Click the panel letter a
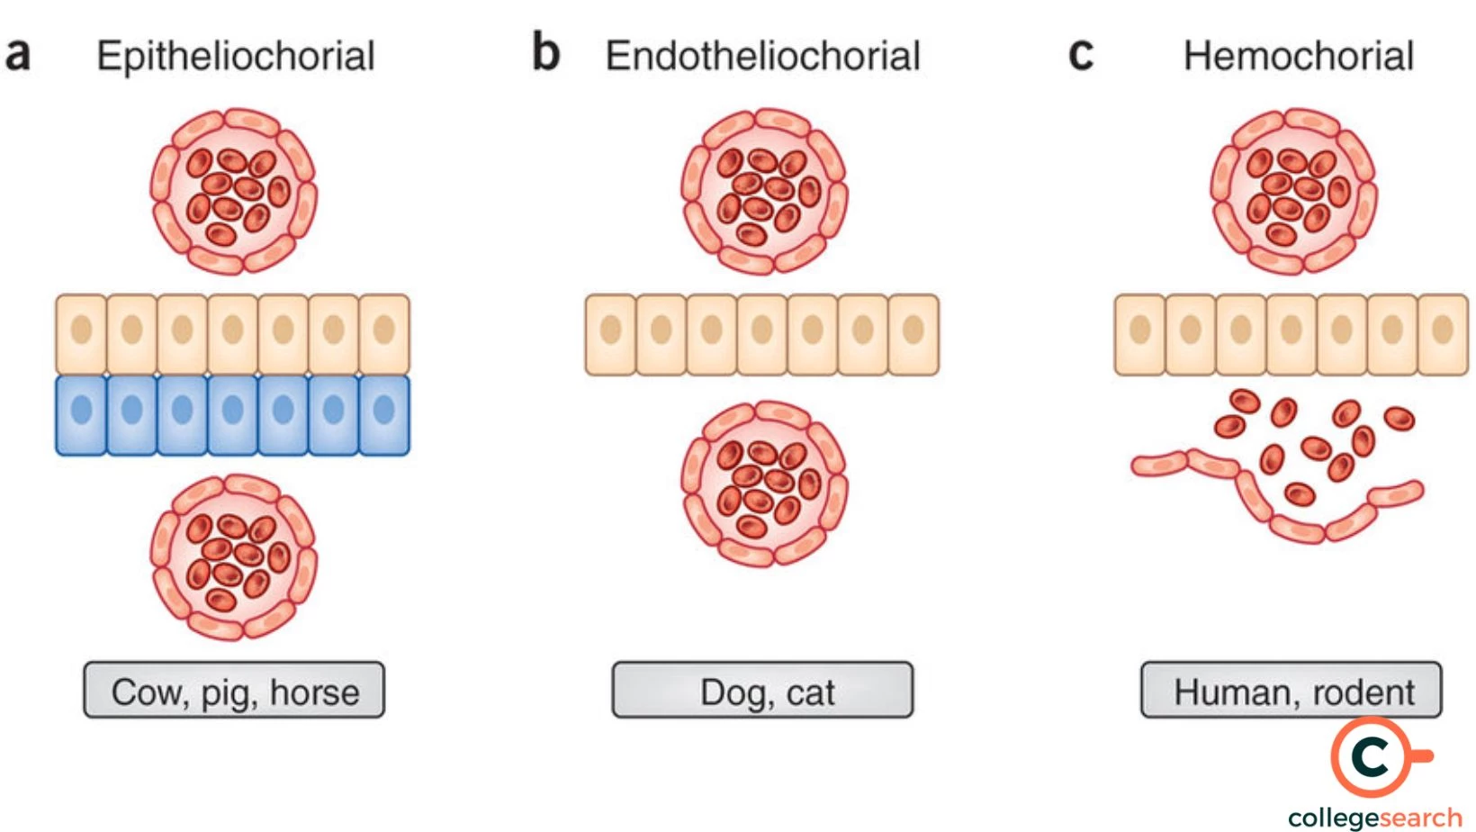pyautogui.click(x=18, y=54)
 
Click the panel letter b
pyautogui.click(x=545, y=52)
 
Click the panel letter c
pyautogui.click(x=1080, y=54)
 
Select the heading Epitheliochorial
pyautogui.click(x=236, y=56)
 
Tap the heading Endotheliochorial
pyautogui.click(x=762, y=56)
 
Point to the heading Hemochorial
pyautogui.click(x=1298, y=56)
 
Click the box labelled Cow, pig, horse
pyautogui.click(x=234, y=691)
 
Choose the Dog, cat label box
pyautogui.click(x=762, y=691)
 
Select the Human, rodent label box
pyautogui.click(x=1291, y=691)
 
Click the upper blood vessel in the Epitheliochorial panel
pyautogui.click(x=234, y=192)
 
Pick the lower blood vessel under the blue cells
pyautogui.click(x=234, y=556)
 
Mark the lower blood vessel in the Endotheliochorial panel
pyautogui.click(x=764, y=484)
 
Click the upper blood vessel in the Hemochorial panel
pyautogui.click(x=1292, y=192)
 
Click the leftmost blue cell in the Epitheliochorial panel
pyautogui.click(x=81, y=415)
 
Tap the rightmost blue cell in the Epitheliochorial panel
pyautogui.click(x=384, y=415)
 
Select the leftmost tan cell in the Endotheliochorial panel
pyautogui.click(x=610, y=334)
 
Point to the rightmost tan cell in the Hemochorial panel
pyautogui.click(x=1443, y=334)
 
